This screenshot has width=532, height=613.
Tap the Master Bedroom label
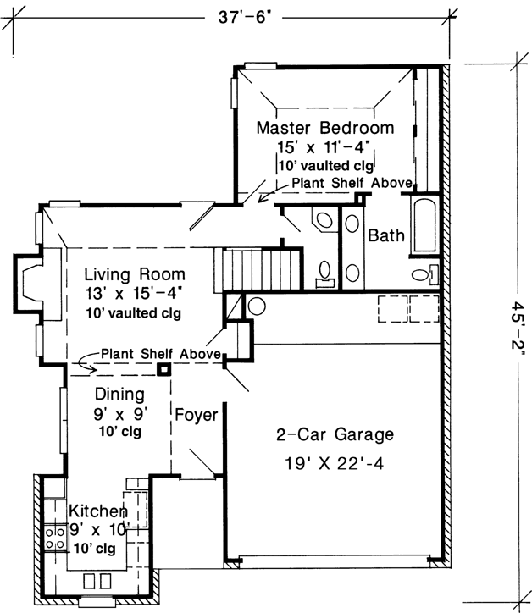(x=325, y=129)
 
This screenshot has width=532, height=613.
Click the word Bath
(x=385, y=235)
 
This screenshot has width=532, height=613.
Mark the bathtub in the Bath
(x=424, y=227)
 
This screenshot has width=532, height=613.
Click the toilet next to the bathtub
(x=423, y=275)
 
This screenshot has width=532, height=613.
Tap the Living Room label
(x=135, y=277)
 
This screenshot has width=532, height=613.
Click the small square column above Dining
(x=163, y=369)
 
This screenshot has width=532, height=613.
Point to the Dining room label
(x=119, y=395)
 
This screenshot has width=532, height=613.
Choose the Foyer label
(x=196, y=416)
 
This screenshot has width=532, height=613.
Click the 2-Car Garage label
(x=335, y=436)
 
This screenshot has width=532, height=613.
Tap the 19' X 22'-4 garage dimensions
(x=335, y=464)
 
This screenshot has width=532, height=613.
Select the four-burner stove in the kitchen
(x=56, y=536)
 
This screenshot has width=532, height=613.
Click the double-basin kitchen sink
(x=98, y=581)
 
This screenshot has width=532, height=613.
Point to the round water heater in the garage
(x=258, y=305)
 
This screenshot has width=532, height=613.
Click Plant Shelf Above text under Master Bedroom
(x=352, y=184)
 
